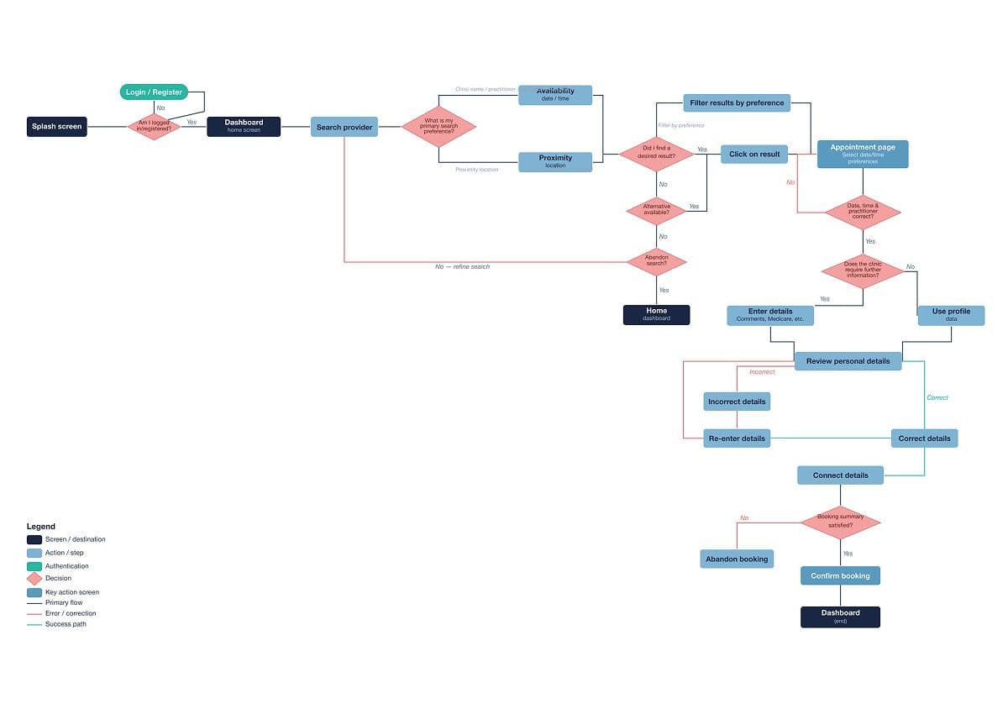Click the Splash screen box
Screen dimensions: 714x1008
pyautogui.click(x=57, y=127)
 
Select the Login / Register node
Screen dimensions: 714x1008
pyautogui.click(x=154, y=92)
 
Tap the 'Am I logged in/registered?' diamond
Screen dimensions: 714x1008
pyautogui.click(x=154, y=127)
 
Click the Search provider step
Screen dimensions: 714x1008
pyautogui.click(x=344, y=127)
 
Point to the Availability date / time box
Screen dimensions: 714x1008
pyautogui.click(x=555, y=94)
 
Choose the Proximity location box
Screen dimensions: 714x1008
pyautogui.click(x=555, y=161)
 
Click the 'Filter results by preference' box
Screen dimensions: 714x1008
pyautogui.click(x=737, y=103)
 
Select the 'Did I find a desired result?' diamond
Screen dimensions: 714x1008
pyautogui.click(x=657, y=153)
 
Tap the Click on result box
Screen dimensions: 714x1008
pyautogui.click(x=754, y=154)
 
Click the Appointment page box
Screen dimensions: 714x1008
pyautogui.click(x=863, y=154)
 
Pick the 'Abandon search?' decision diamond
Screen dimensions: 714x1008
pyautogui.click(x=657, y=261)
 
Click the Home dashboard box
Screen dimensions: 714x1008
pyautogui.click(x=657, y=314)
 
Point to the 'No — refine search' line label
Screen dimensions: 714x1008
pyautogui.click(x=462, y=266)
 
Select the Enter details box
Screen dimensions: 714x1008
pyautogui.click(x=770, y=315)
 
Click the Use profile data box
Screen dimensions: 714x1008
pyautogui.click(x=951, y=315)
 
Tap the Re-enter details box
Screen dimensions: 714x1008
pyautogui.click(x=737, y=438)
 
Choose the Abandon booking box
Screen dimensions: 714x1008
pyautogui.click(x=737, y=559)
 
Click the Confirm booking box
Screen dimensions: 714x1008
pyautogui.click(x=840, y=576)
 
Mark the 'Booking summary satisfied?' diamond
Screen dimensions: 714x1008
pyautogui.click(x=840, y=522)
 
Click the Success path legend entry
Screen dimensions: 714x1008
pyautogui.click(x=66, y=624)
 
